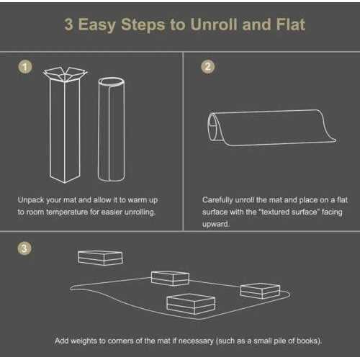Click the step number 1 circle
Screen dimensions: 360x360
click(x=25, y=67)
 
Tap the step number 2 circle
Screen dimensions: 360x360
click(x=208, y=67)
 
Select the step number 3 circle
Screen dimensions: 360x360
click(x=24, y=248)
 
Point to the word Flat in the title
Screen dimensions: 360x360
click(x=291, y=24)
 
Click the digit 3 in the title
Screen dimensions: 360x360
click(x=68, y=25)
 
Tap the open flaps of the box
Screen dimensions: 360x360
click(x=65, y=74)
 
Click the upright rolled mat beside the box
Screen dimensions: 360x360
click(x=111, y=129)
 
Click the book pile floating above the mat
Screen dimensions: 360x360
click(x=100, y=258)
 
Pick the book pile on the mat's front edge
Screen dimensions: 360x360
click(x=191, y=305)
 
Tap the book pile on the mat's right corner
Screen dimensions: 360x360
click(x=260, y=291)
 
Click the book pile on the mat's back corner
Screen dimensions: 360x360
click(x=170, y=279)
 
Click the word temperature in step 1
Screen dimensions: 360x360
click(x=67, y=212)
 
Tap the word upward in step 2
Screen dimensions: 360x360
click(x=216, y=225)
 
